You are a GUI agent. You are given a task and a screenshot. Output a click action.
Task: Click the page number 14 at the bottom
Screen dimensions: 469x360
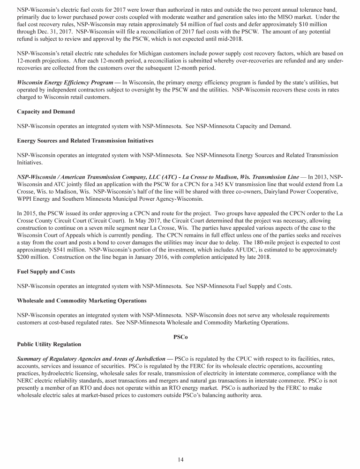coord(180,459)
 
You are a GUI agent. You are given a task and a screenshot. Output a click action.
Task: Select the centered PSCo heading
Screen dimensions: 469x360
coord(180,337)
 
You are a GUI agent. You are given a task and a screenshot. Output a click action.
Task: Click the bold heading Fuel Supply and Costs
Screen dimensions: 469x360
coord(45,272)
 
